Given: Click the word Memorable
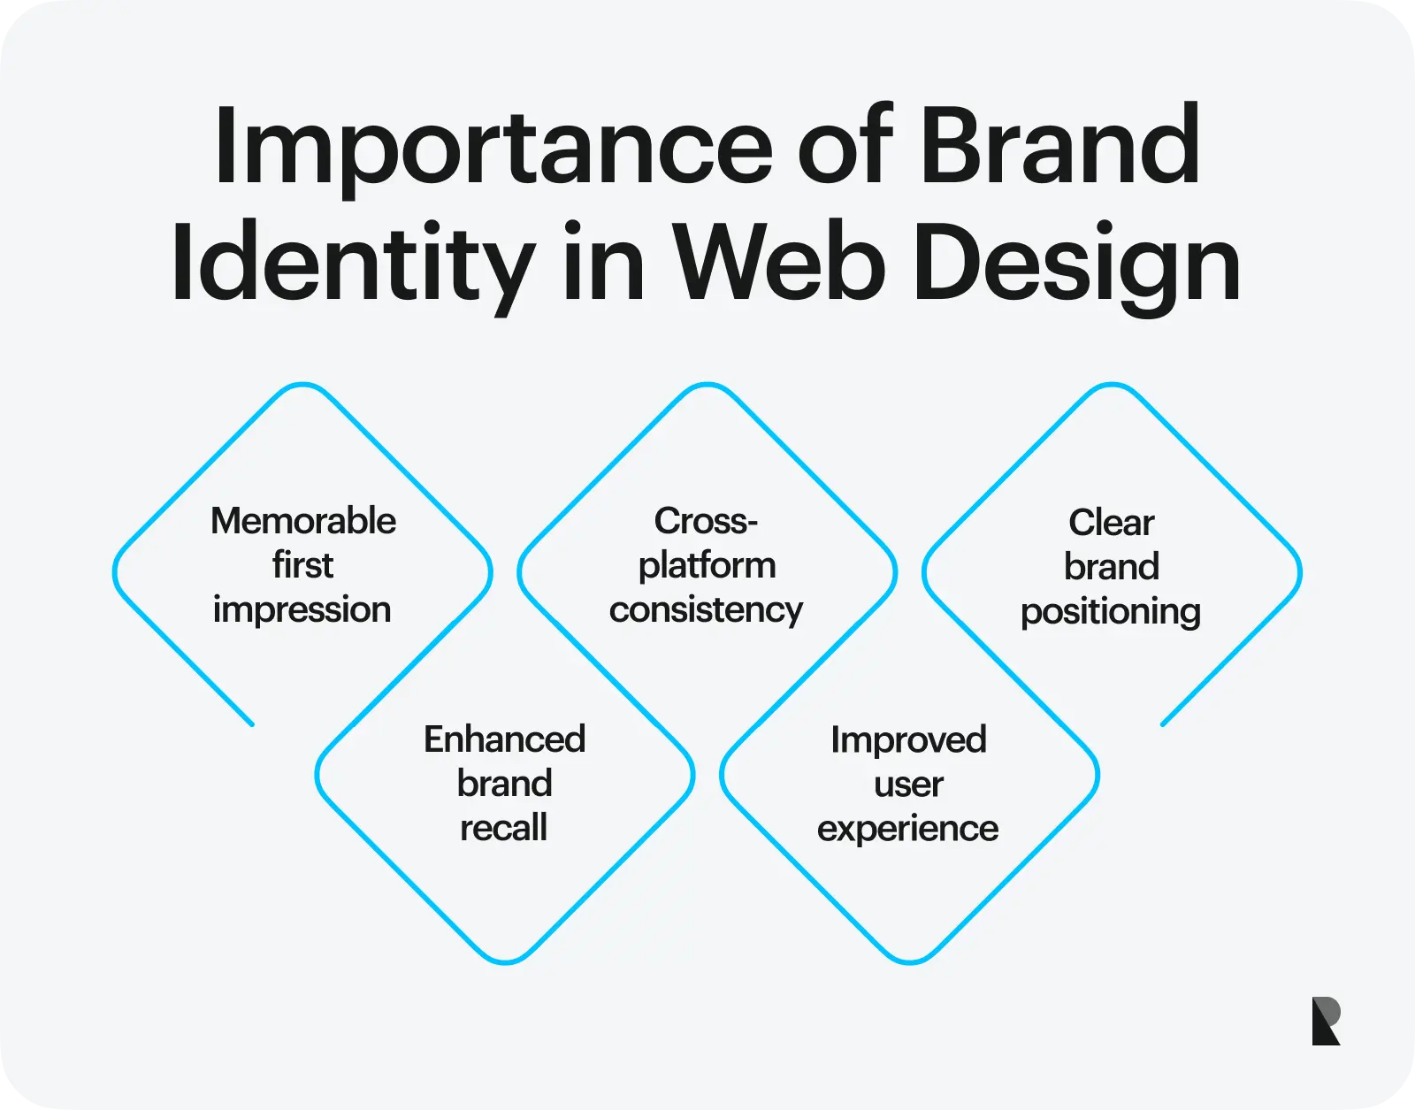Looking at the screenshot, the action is click(303, 521).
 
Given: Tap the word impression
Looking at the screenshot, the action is click(302, 610).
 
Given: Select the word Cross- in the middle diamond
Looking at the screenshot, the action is click(707, 521).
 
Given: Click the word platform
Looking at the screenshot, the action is click(707, 566).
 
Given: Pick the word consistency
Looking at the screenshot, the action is click(707, 610).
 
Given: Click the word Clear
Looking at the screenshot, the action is click(1112, 523).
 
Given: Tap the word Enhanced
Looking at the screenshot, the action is click(505, 739).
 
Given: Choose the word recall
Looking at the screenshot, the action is click(503, 828).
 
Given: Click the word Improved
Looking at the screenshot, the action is click(909, 741).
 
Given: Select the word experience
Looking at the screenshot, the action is click(907, 830).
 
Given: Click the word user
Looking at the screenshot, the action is click(908, 785).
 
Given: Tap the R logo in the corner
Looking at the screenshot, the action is click(1327, 1021).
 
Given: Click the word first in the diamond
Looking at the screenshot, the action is click(302, 564).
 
